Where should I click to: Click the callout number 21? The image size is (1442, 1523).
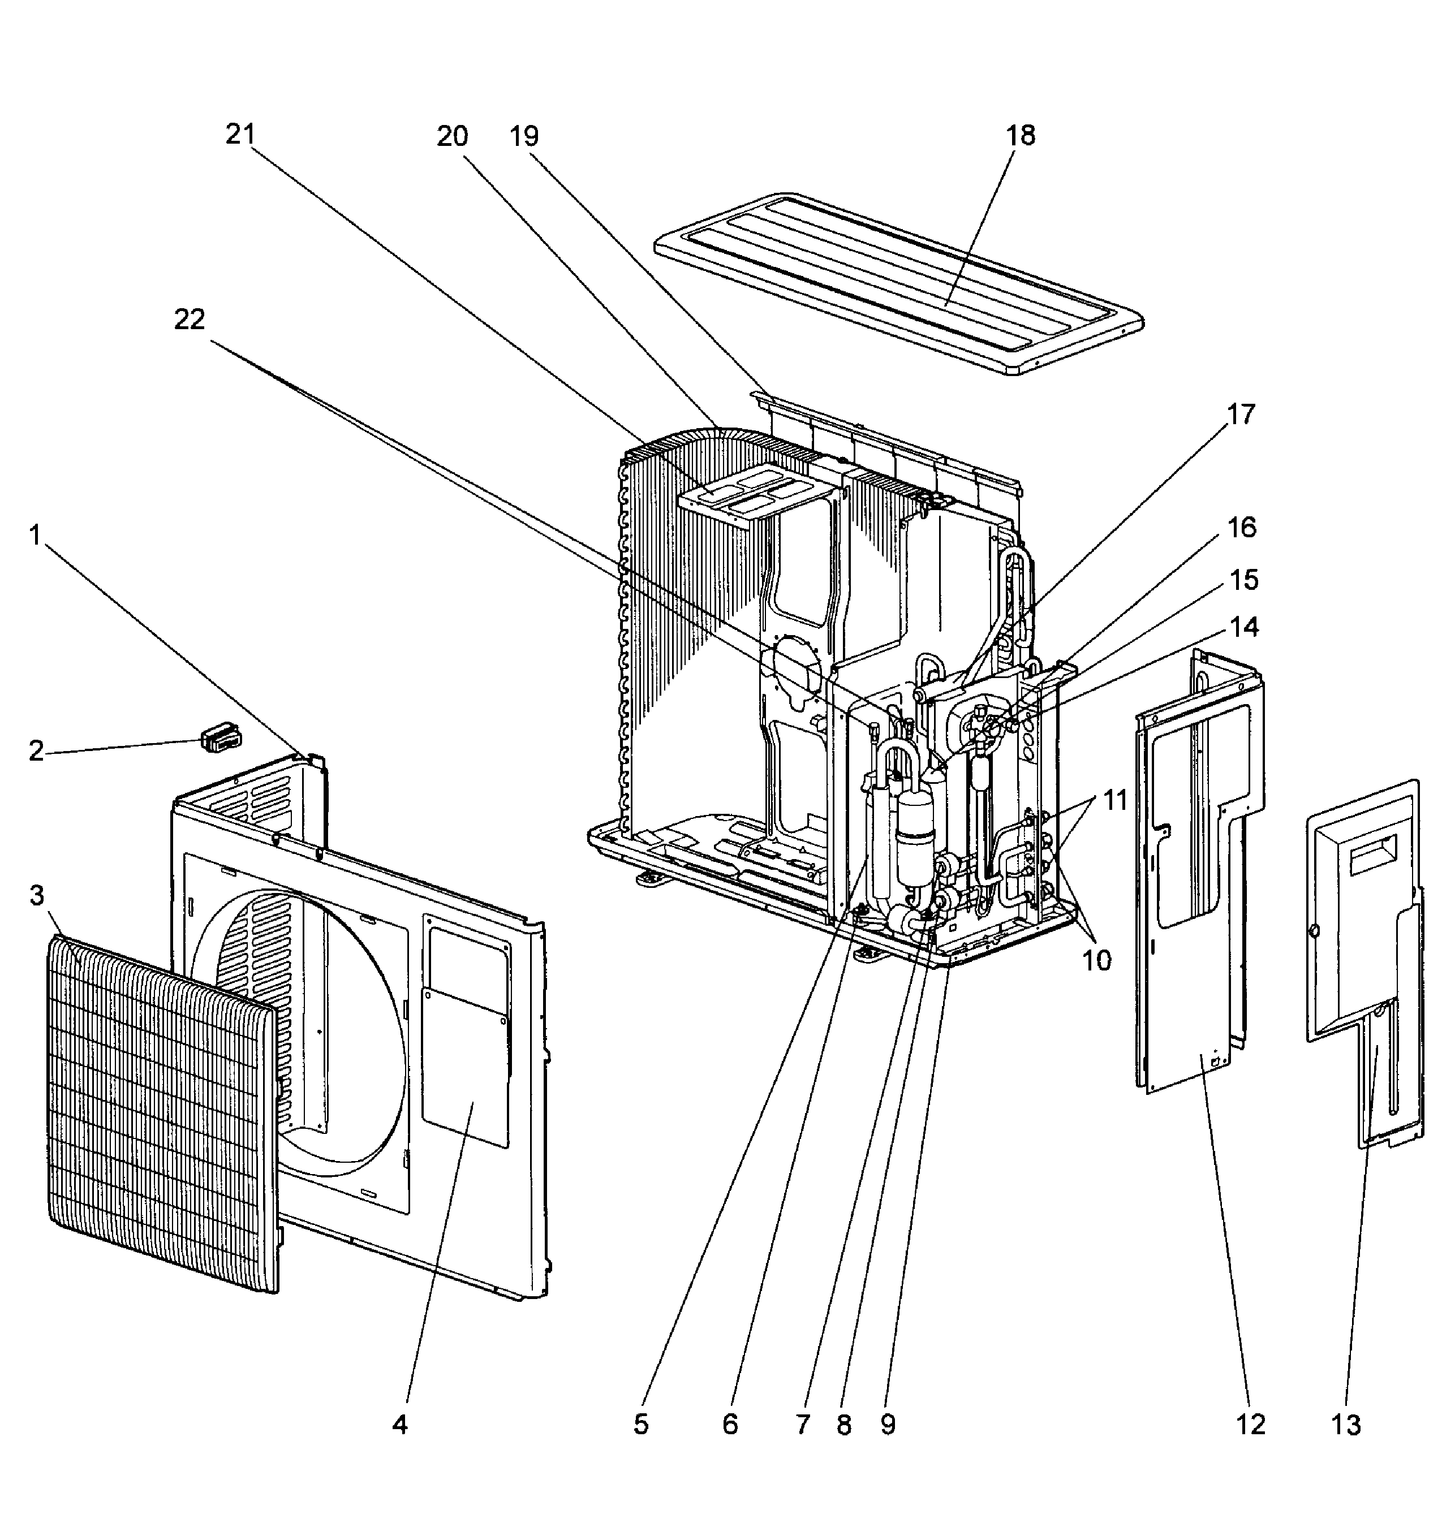click(x=239, y=135)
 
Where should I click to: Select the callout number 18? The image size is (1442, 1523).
click(x=1020, y=136)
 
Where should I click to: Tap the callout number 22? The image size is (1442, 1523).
click(x=189, y=320)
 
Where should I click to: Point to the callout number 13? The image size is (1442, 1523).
click(x=1346, y=1425)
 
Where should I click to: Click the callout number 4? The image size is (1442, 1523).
click(x=399, y=1425)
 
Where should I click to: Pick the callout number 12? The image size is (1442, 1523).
click(x=1251, y=1425)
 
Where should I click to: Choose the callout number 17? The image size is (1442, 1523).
click(x=1241, y=415)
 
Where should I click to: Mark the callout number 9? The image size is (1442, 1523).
click(x=888, y=1425)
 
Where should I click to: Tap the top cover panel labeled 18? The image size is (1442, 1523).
click(x=899, y=284)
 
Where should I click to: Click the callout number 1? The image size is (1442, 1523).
click(x=35, y=536)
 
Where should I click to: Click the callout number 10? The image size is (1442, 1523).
click(x=1097, y=960)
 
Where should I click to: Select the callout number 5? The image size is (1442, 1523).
click(x=640, y=1425)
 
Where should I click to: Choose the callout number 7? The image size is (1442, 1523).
click(x=803, y=1425)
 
